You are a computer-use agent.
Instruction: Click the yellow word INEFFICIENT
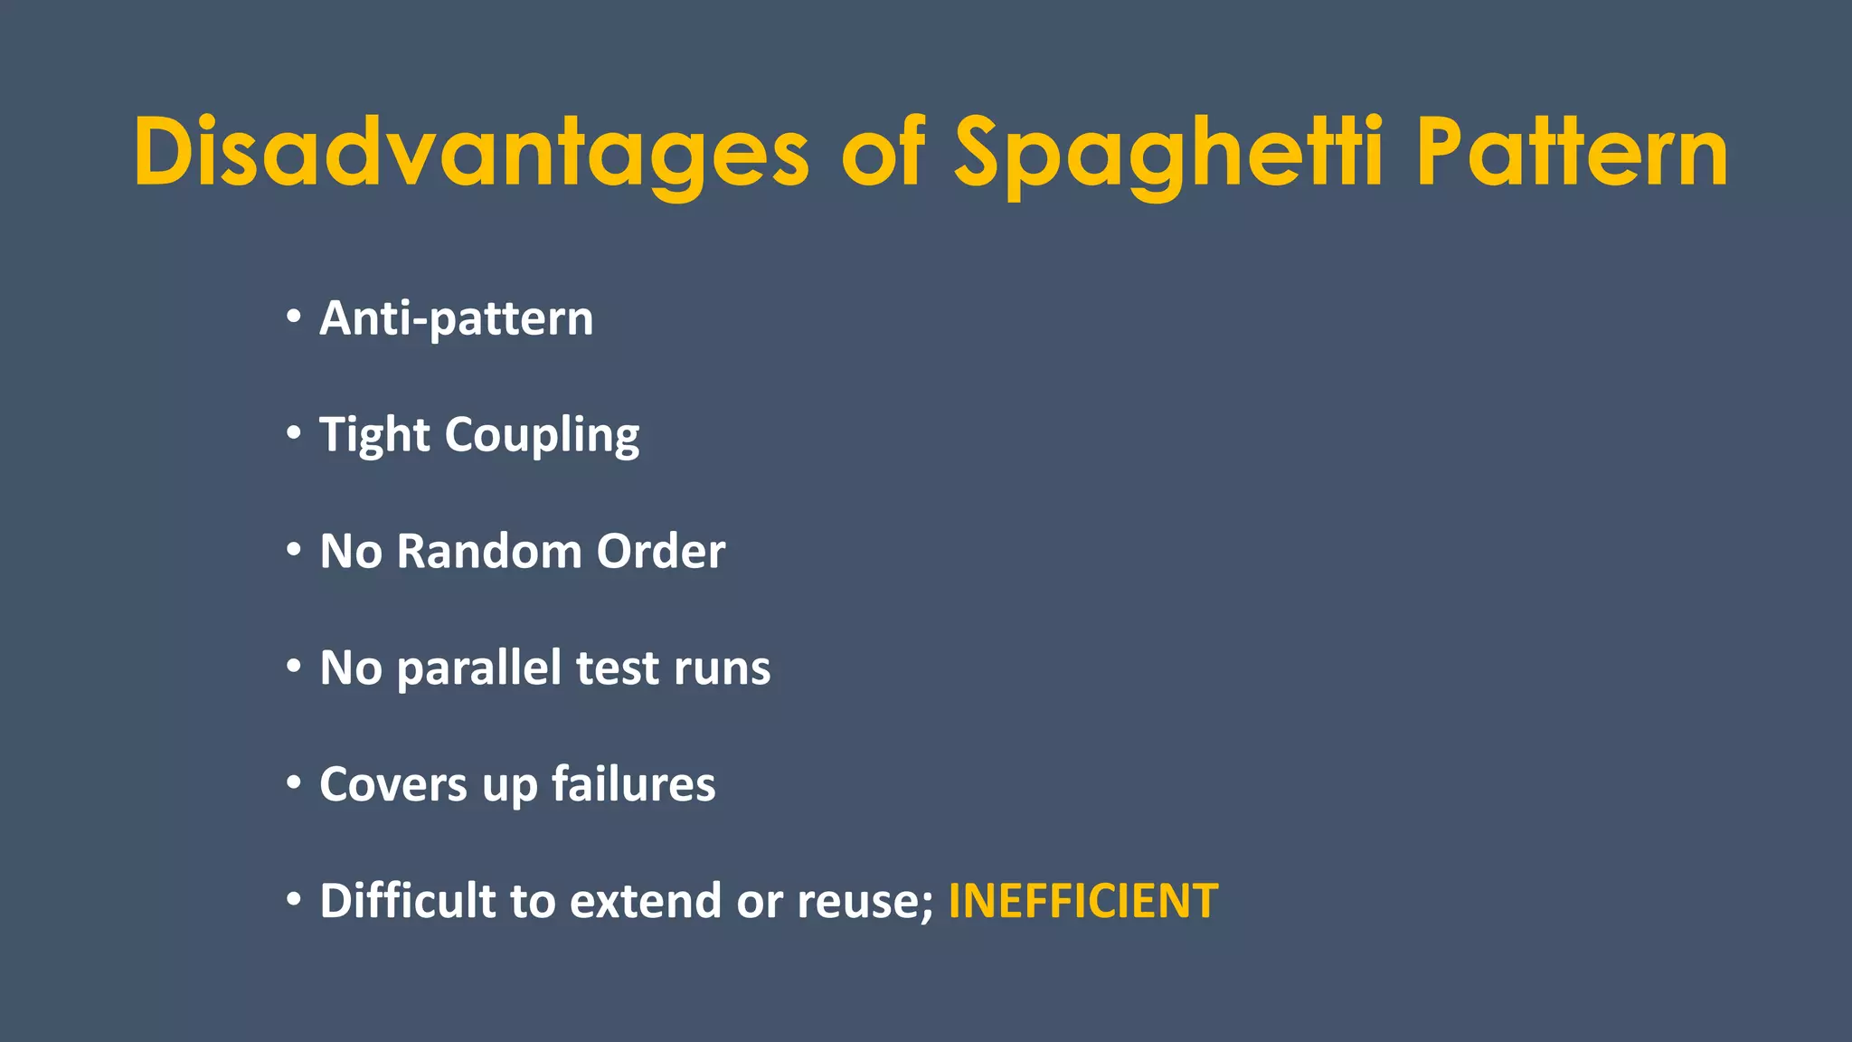coord(1082,901)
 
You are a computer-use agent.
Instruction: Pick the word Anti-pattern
coord(457,318)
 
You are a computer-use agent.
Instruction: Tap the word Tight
coord(374,435)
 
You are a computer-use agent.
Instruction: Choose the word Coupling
coord(542,435)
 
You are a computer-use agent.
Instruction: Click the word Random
coord(489,551)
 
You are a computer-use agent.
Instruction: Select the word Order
coord(661,551)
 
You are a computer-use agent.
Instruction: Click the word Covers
coord(393,784)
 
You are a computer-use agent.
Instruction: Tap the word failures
coord(633,784)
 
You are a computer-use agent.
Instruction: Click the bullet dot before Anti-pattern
coord(293,317)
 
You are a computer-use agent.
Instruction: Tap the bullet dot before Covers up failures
coord(293,782)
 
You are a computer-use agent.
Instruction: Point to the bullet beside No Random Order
coord(293,549)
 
